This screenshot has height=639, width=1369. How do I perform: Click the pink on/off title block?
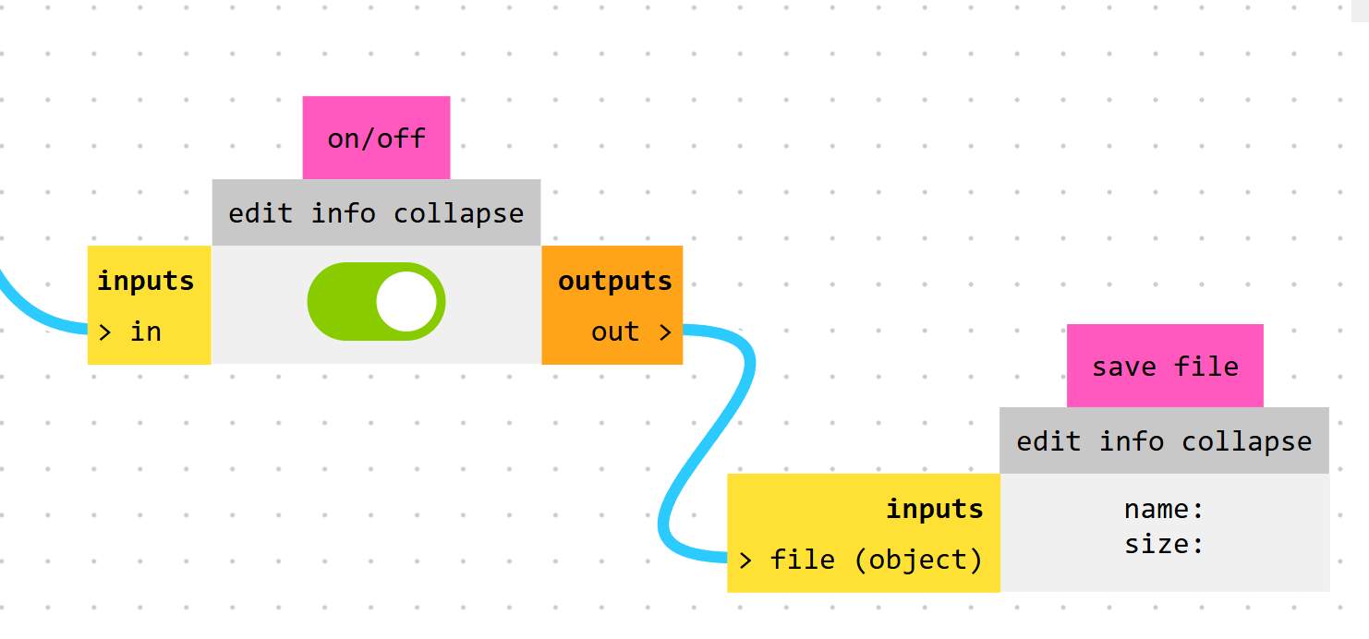(x=376, y=139)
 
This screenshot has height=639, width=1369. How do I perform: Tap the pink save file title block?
(x=1165, y=367)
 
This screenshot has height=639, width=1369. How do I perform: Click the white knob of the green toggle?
(x=406, y=301)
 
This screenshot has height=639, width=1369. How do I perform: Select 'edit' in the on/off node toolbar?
(x=260, y=213)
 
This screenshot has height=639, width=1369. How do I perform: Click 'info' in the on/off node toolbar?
(x=343, y=213)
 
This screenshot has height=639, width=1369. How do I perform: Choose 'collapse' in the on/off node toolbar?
(x=458, y=213)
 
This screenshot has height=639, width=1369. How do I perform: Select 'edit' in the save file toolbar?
(x=1048, y=441)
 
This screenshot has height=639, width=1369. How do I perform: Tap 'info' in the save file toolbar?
(x=1131, y=441)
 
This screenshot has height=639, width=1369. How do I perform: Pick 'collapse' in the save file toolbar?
(x=1246, y=441)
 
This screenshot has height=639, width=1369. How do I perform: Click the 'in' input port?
(x=130, y=332)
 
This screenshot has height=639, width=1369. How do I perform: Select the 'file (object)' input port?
(x=861, y=560)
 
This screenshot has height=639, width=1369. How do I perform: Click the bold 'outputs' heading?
(x=614, y=281)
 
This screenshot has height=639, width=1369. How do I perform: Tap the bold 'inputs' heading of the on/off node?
(x=146, y=281)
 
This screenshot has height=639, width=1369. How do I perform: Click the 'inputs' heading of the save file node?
(x=935, y=509)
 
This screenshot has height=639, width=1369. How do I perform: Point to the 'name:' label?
(x=1164, y=509)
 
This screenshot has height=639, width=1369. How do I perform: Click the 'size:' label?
(x=1164, y=544)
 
